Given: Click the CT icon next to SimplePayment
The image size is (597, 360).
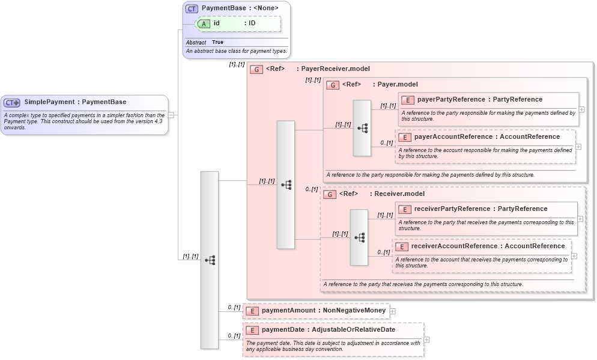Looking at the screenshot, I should (12, 103).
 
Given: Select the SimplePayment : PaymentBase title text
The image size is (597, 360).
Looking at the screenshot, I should (75, 102).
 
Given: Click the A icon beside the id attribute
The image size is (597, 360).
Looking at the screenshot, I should (204, 23).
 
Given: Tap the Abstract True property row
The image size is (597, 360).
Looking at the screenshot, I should (205, 43).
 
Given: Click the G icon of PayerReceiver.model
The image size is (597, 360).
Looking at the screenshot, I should (256, 69).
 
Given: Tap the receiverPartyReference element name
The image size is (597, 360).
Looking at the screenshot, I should (452, 209).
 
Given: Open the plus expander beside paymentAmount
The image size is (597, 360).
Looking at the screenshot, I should (393, 311).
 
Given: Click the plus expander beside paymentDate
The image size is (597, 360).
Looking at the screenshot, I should (427, 340).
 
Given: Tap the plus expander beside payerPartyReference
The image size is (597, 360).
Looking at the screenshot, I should (581, 109).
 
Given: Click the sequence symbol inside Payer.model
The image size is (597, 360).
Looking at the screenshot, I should (362, 128).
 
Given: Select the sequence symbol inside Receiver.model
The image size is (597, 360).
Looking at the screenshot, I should (359, 237).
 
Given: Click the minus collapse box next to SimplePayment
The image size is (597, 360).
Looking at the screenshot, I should (171, 114).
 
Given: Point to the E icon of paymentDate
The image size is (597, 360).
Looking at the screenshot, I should (252, 330).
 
